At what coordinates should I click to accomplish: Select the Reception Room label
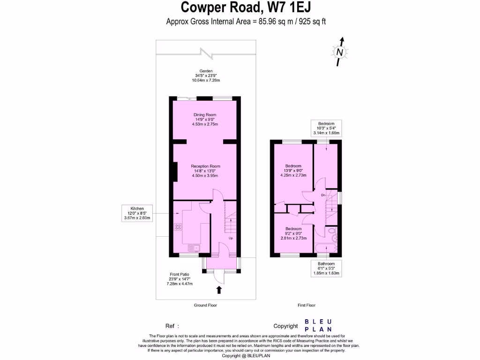[205, 171]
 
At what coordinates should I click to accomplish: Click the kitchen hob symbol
[179, 227]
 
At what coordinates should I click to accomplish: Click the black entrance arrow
[219, 290]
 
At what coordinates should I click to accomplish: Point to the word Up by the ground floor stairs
[231, 239]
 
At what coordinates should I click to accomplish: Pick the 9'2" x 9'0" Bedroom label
[293, 233]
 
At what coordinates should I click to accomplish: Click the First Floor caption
[307, 305]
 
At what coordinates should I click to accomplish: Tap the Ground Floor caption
[205, 305]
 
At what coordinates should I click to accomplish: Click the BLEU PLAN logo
[318, 325]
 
